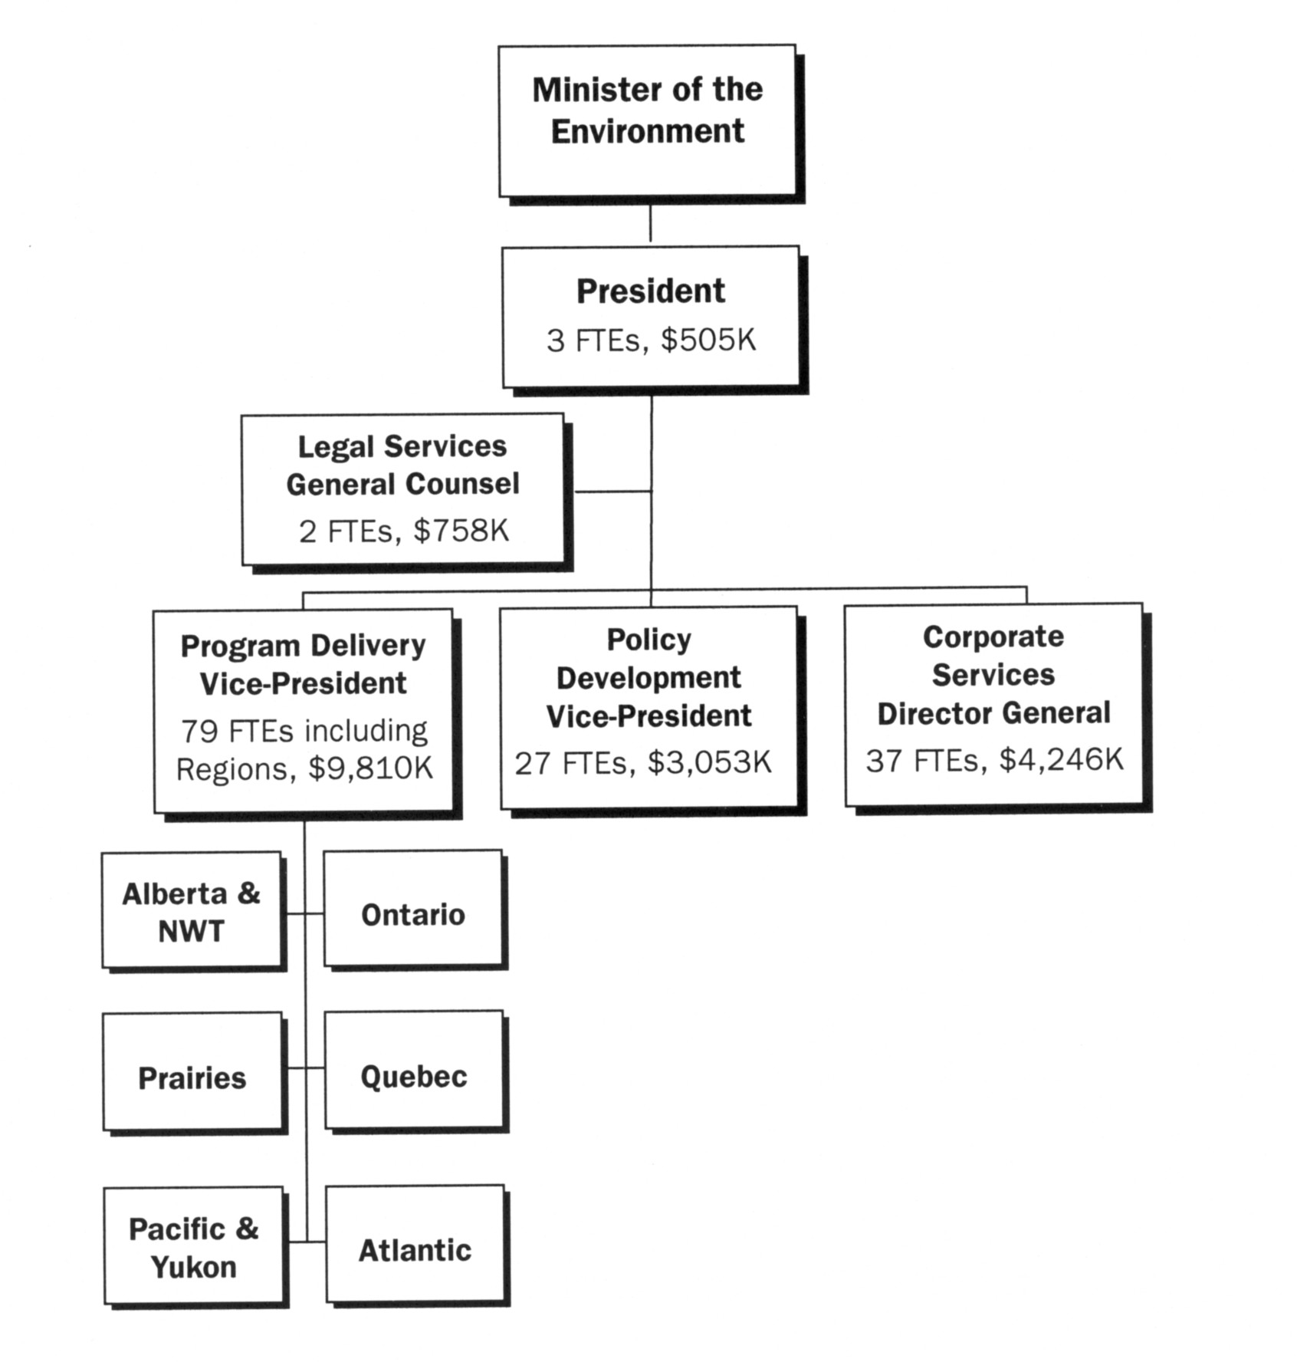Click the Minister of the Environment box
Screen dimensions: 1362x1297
[x=647, y=120]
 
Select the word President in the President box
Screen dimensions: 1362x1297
[x=650, y=291]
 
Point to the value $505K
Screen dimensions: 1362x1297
[x=708, y=340]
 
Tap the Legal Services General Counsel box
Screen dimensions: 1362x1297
[x=402, y=489]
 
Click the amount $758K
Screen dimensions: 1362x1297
[x=461, y=531]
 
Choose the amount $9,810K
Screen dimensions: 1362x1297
[x=370, y=768]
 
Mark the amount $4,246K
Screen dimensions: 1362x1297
[x=1061, y=760]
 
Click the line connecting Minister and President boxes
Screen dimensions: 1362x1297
[x=650, y=222]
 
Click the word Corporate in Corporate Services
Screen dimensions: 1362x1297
[x=993, y=637]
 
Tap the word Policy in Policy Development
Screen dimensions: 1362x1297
[x=648, y=640]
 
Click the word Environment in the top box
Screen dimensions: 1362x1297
[x=647, y=132]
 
